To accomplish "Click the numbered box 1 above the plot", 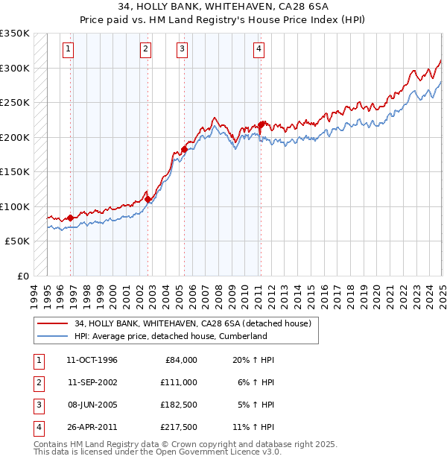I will [x=68, y=50].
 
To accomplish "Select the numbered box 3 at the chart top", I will [x=182, y=50].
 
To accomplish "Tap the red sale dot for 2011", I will [x=261, y=125].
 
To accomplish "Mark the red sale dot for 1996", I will [x=71, y=218].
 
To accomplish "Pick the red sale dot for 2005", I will [x=184, y=150].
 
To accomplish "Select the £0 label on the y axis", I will [x=23, y=276].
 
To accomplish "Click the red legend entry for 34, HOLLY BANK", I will [x=197, y=323].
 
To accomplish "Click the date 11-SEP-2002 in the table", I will [x=92, y=382].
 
